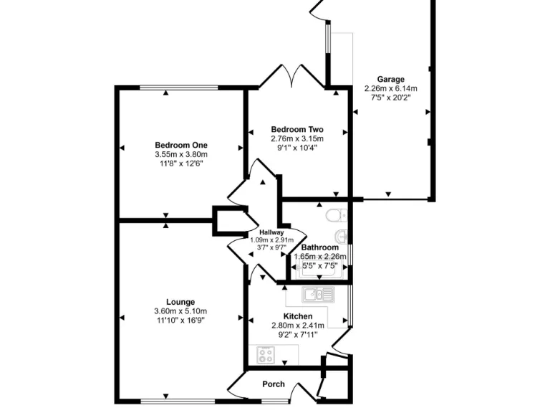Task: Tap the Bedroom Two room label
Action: tap(297, 129)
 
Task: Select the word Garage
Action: tap(391, 80)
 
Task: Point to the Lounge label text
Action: tap(180, 302)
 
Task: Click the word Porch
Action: tap(273, 384)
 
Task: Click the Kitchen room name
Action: tap(297, 316)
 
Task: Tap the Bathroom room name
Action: tap(319, 247)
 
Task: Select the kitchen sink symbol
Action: tap(317, 293)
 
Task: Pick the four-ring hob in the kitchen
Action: tap(266, 354)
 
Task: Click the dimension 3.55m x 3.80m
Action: tap(180, 154)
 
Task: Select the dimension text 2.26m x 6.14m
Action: tap(391, 89)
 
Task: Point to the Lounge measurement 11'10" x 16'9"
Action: tap(180, 321)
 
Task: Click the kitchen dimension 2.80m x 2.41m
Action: tap(297, 326)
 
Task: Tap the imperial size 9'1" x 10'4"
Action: tap(297, 148)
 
